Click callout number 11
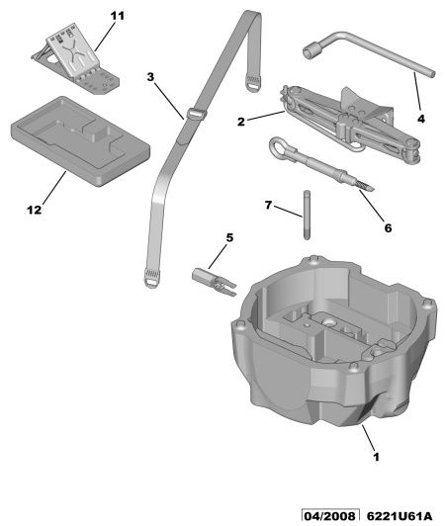(117, 16)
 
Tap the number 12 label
(35, 210)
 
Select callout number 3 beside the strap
(150, 77)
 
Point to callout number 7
(268, 205)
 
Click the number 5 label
(229, 237)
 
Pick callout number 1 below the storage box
(376, 457)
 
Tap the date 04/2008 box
(330, 515)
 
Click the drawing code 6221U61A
(399, 515)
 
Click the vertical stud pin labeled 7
(307, 215)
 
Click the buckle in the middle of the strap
(196, 114)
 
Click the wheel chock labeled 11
(76, 59)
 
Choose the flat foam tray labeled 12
(80, 140)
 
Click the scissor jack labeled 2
(350, 123)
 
